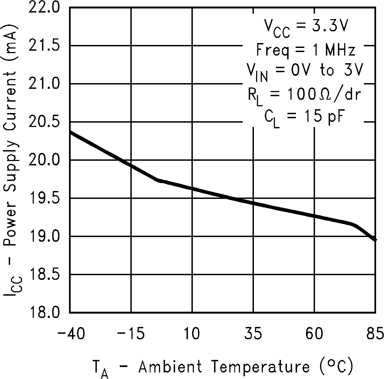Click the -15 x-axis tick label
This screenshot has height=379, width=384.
[x=131, y=334]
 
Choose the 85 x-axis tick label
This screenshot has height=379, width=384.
[x=375, y=334]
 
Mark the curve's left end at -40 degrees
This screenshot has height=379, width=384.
[x=71, y=132]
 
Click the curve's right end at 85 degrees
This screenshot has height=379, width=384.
[x=375, y=239]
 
